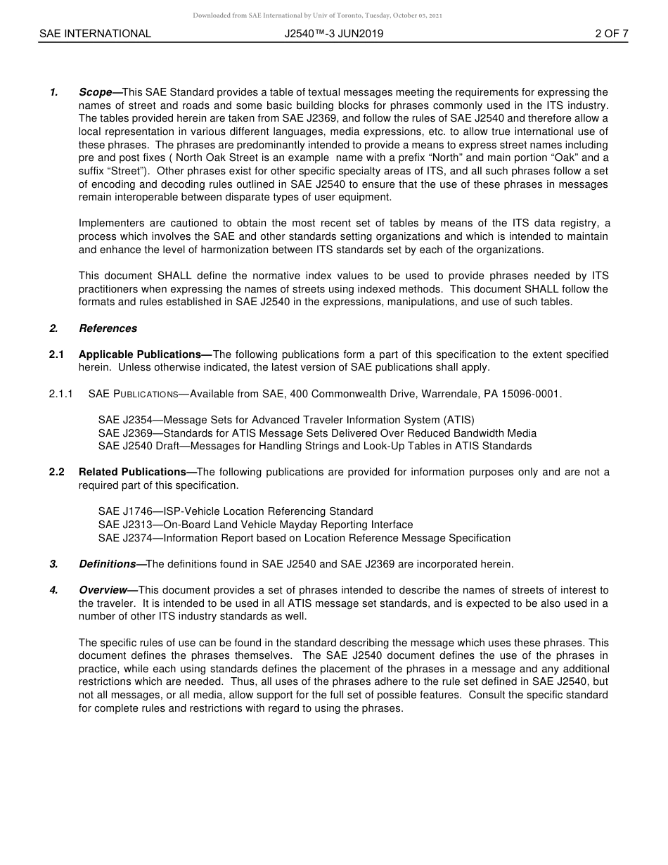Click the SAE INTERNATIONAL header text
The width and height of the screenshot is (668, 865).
pyautogui.click(x=95, y=34)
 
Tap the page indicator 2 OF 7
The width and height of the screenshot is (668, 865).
pyautogui.click(x=611, y=34)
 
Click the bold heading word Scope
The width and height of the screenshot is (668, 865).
pyautogui.click(x=96, y=92)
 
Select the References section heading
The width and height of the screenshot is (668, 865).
pyautogui.click(x=108, y=328)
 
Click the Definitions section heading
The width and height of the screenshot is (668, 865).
pyautogui.click(x=107, y=564)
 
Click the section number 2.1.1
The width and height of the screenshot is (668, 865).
pyautogui.click(x=61, y=394)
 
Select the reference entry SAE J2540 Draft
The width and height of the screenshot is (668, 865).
pyautogui.click(x=139, y=446)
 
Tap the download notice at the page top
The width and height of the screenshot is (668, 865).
pyautogui.click(x=317, y=15)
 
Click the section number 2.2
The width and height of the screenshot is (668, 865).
pyautogui.click(x=56, y=472)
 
